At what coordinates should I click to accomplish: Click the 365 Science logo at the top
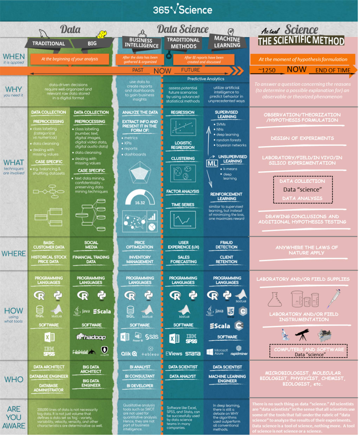pos(182,9)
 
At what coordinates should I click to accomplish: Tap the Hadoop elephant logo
pos(91,337)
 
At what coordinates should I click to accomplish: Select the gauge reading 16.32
pos(140,202)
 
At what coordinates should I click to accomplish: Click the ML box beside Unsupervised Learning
pos(212,163)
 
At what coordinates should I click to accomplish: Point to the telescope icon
pos(302,334)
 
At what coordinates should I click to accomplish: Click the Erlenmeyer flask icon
pos(275,299)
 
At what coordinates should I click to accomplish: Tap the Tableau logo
pos(150,353)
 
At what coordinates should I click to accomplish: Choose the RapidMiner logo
pos(239,351)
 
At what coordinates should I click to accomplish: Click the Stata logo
pos(193,354)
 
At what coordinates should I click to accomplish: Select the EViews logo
pos(174,354)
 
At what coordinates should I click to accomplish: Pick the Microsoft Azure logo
pos(217,352)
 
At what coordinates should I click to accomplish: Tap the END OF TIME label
pos(333,70)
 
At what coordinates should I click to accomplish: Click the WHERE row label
pos(14,253)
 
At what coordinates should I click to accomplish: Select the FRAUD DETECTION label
pos(226,245)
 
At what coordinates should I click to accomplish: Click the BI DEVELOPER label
pos(140,386)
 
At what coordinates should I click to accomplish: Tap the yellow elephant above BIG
pos(102,34)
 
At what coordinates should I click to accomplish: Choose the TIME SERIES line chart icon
pos(183,220)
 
